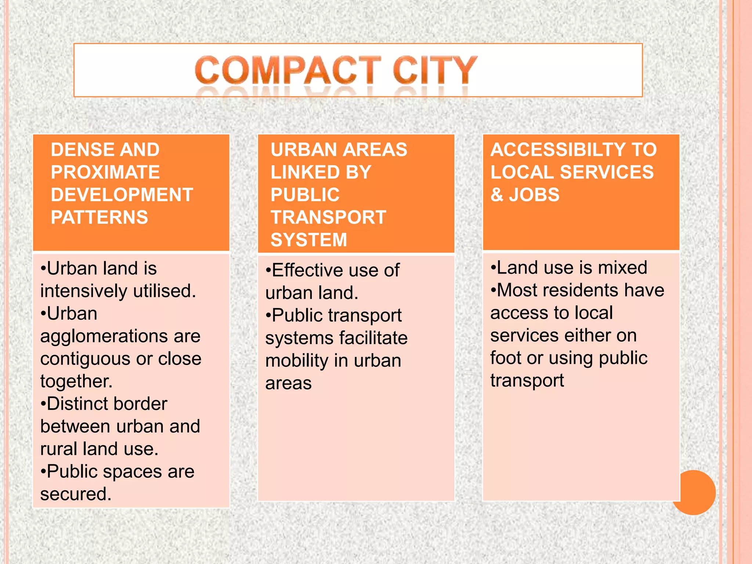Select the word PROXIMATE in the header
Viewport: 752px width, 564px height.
point(105,172)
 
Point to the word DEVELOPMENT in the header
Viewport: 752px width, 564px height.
point(122,195)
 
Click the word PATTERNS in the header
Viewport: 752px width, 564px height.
point(100,217)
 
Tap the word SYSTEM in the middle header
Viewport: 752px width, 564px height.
point(309,240)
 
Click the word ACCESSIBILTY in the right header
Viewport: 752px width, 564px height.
point(558,150)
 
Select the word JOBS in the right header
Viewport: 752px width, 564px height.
point(534,195)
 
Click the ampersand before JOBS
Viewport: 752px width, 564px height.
point(497,195)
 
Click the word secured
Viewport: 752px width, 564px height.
point(75,494)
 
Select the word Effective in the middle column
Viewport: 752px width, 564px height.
point(306,270)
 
